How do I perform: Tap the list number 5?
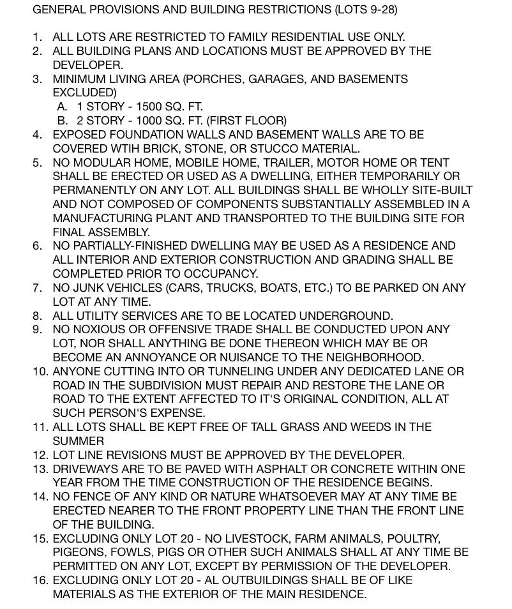click(x=37, y=162)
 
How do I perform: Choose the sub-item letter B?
click(x=62, y=121)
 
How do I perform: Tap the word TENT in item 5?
click(x=435, y=162)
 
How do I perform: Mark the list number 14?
click(x=40, y=497)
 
